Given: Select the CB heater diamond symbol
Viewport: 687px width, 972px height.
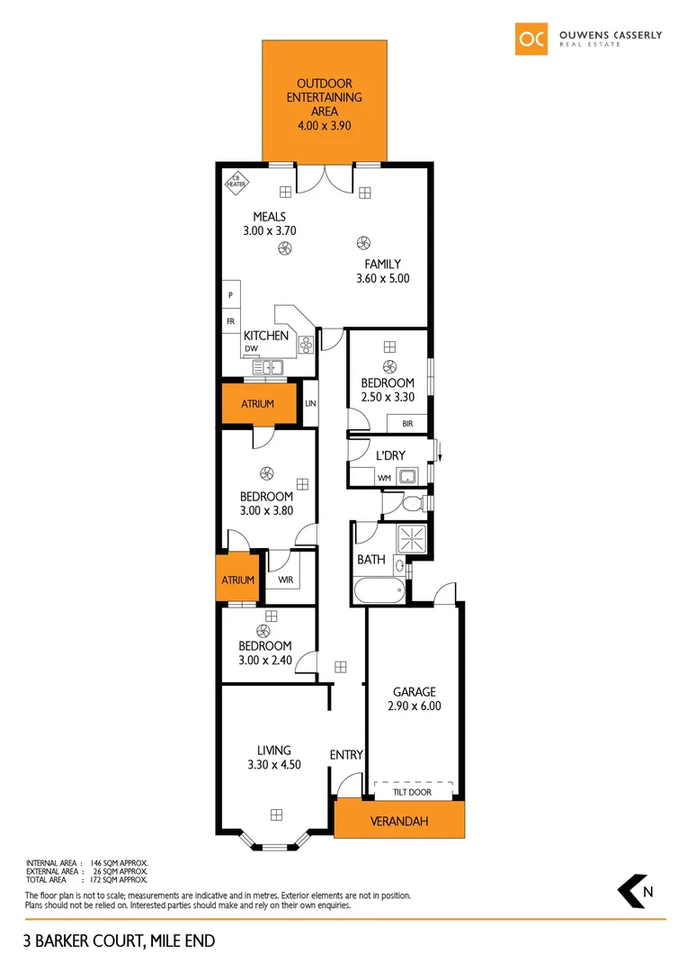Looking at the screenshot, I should pos(236,182).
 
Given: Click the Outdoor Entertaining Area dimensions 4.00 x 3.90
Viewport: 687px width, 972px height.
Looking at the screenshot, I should pos(324,127).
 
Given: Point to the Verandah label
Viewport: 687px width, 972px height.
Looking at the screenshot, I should pos(398,821).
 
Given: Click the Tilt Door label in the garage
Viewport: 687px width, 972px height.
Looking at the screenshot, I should pos(414,792).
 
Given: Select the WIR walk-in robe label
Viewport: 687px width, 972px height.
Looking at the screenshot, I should pos(285,580).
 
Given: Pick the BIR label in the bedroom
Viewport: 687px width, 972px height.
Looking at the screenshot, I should pos(406,422).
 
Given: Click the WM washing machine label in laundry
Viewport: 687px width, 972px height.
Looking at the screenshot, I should pos(384,477).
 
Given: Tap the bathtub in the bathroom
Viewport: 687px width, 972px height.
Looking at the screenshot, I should pos(381,593).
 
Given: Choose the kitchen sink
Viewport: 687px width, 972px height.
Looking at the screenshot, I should pos(268,367).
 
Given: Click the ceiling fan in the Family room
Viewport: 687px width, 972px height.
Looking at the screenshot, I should pos(364,241).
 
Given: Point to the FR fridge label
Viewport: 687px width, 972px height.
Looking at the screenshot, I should pos(231,320).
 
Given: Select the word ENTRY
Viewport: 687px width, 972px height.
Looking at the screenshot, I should pos(346,754).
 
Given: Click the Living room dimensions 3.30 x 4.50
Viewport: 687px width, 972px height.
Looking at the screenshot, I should pos(273,765).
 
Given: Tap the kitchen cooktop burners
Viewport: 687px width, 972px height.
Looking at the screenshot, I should pos(305,343).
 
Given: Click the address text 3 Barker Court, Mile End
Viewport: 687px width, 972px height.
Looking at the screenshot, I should pos(120,941).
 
